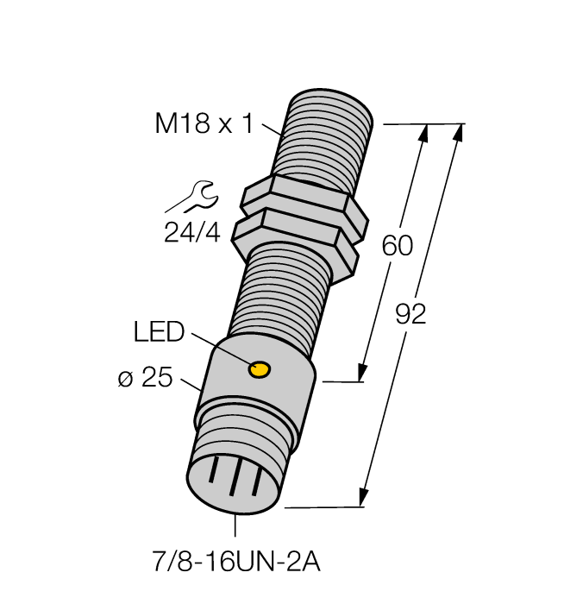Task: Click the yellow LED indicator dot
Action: pos(258,370)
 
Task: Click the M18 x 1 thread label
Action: pos(204,124)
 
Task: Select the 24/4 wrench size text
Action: pos(191,232)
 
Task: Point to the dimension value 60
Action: pos(398,246)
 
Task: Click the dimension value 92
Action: pos(411,314)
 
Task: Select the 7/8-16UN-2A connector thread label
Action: pos(236,563)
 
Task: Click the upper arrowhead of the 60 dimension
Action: pos(423,132)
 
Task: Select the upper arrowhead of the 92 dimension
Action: pos(459,133)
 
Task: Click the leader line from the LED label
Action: pos(216,347)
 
